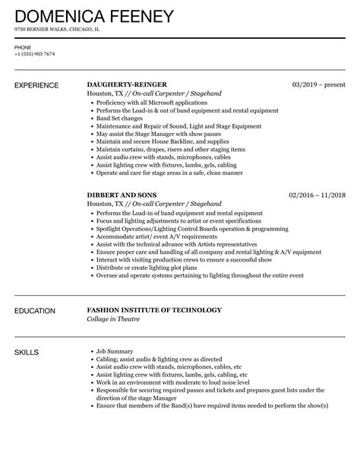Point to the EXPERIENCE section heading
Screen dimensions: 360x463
point(39,84)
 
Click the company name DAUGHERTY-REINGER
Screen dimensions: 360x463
point(128,84)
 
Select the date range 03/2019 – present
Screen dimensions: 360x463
point(320,84)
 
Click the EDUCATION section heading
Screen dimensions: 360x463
point(36,310)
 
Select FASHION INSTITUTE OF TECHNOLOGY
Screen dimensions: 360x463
point(154,310)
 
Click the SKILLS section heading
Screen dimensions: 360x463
point(27,353)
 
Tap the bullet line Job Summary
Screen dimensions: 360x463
point(114,351)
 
